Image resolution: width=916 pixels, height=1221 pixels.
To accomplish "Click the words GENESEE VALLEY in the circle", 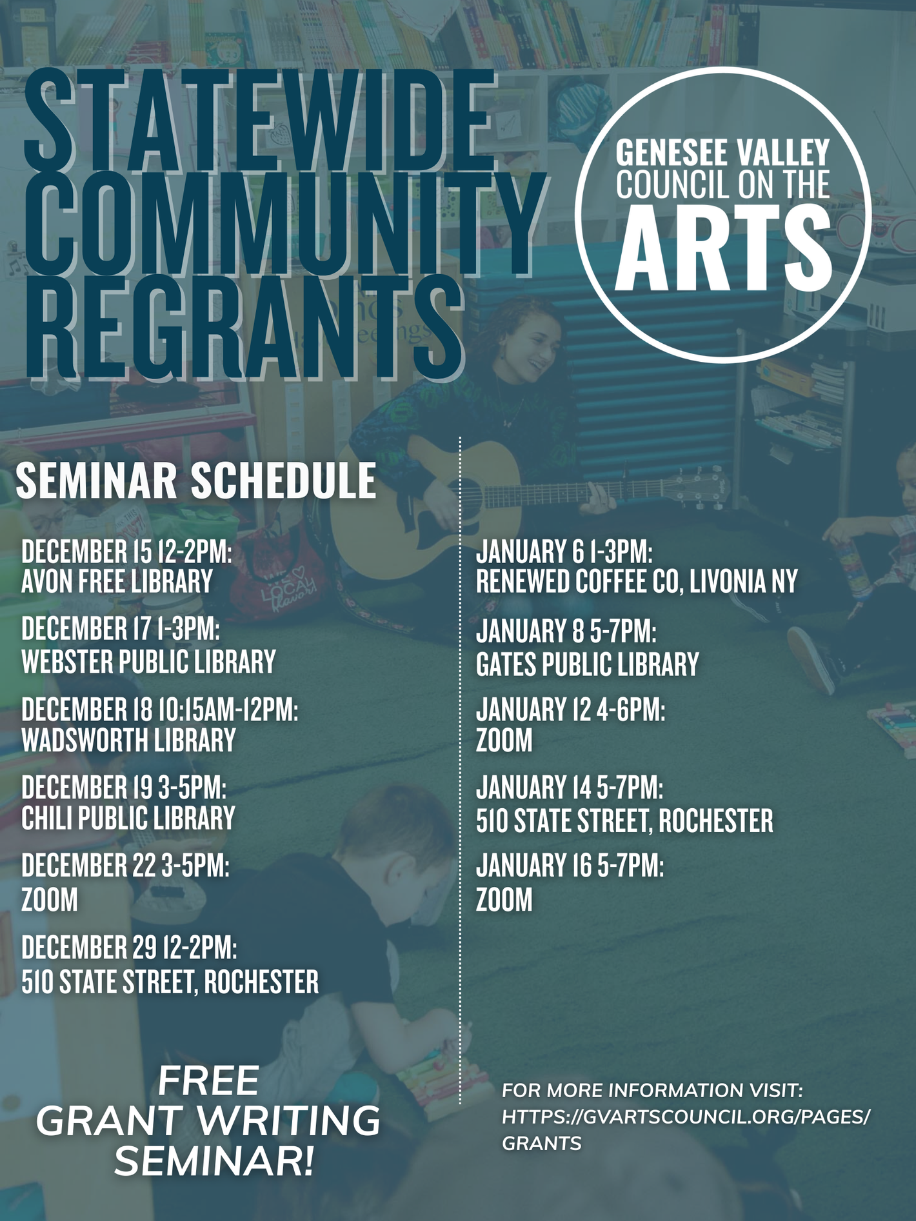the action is pyautogui.click(x=722, y=153).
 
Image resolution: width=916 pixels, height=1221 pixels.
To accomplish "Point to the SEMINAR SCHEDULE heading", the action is pyautogui.click(x=196, y=480).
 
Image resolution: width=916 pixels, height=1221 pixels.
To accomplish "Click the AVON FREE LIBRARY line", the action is pyautogui.click(x=117, y=582).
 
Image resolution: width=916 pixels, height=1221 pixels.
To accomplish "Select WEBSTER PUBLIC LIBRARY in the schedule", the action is pyautogui.click(x=148, y=662).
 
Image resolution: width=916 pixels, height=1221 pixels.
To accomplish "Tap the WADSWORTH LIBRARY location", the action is pyautogui.click(x=128, y=740).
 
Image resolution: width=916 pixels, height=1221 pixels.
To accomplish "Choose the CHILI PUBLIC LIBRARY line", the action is pyautogui.click(x=128, y=819).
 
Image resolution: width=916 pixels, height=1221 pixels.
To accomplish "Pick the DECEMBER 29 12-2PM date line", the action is pyautogui.click(x=129, y=947).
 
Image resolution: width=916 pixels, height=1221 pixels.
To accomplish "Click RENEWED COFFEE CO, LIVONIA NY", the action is pyautogui.click(x=637, y=581).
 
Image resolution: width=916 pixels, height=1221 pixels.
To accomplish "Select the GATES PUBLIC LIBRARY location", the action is pyautogui.click(x=587, y=664).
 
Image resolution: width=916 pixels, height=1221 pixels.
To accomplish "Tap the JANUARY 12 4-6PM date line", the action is pyautogui.click(x=570, y=710).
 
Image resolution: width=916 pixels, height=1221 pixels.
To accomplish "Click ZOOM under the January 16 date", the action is pyautogui.click(x=504, y=900).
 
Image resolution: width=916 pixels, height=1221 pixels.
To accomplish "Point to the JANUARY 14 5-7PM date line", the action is pyautogui.click(x=570, y=788).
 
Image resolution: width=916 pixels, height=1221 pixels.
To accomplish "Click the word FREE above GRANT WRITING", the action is pyautogui.click(x=208, y=1082).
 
